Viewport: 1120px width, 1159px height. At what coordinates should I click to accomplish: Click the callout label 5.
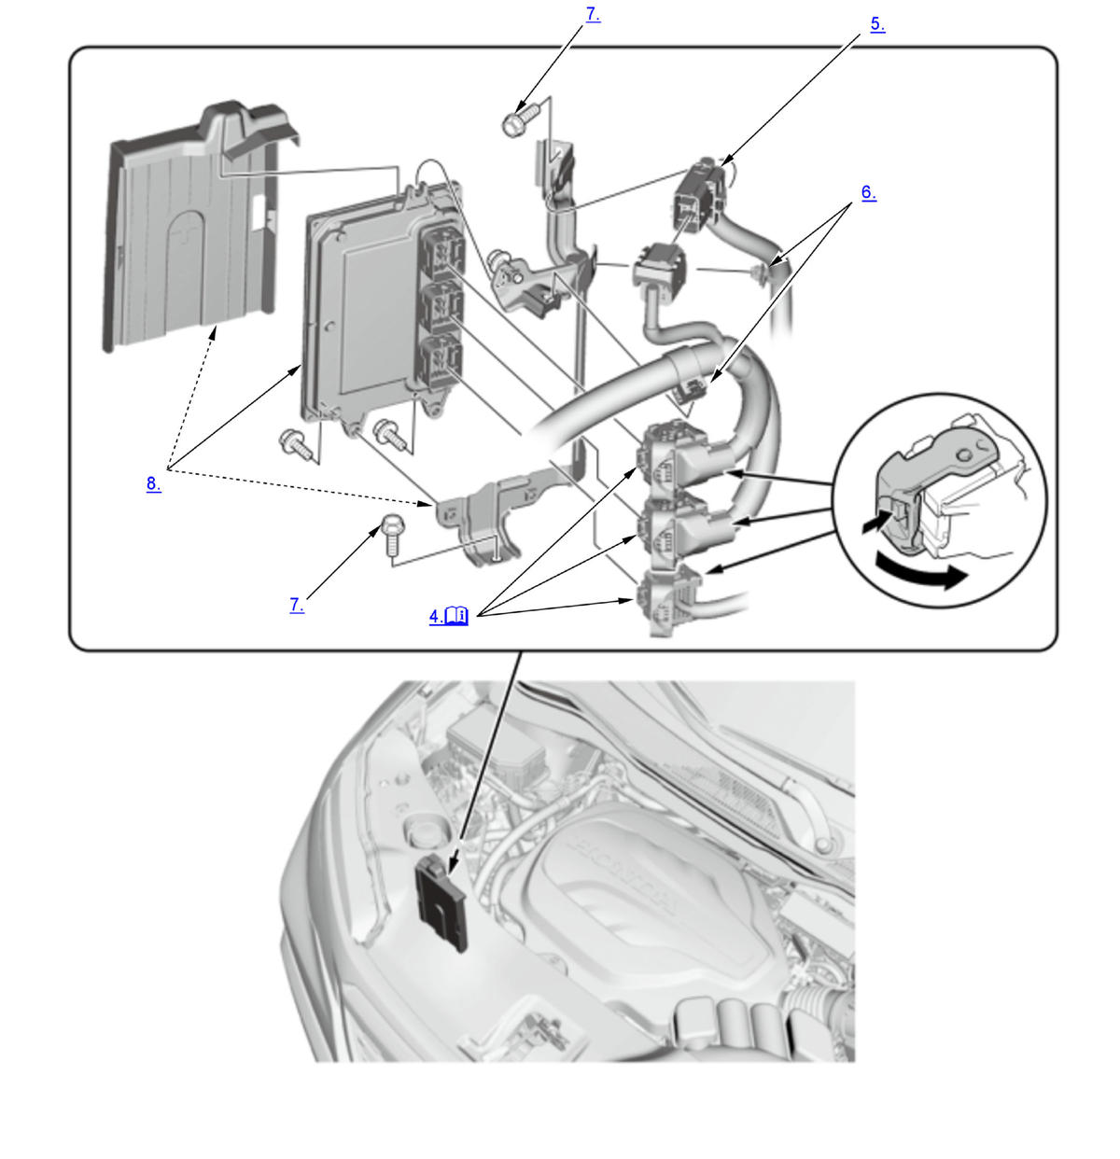tap(876, 24)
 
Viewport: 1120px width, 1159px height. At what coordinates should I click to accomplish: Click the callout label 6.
tap(868, 192)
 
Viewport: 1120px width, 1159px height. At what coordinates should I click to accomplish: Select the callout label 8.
tap(153, 483)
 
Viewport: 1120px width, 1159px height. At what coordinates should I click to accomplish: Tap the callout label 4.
tap(436, 616)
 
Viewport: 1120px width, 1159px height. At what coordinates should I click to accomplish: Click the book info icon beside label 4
tap(457, 615)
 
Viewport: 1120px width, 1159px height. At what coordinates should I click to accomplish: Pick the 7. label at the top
tap(593, 15)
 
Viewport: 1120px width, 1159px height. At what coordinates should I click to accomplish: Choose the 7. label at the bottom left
tap(296, 605)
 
